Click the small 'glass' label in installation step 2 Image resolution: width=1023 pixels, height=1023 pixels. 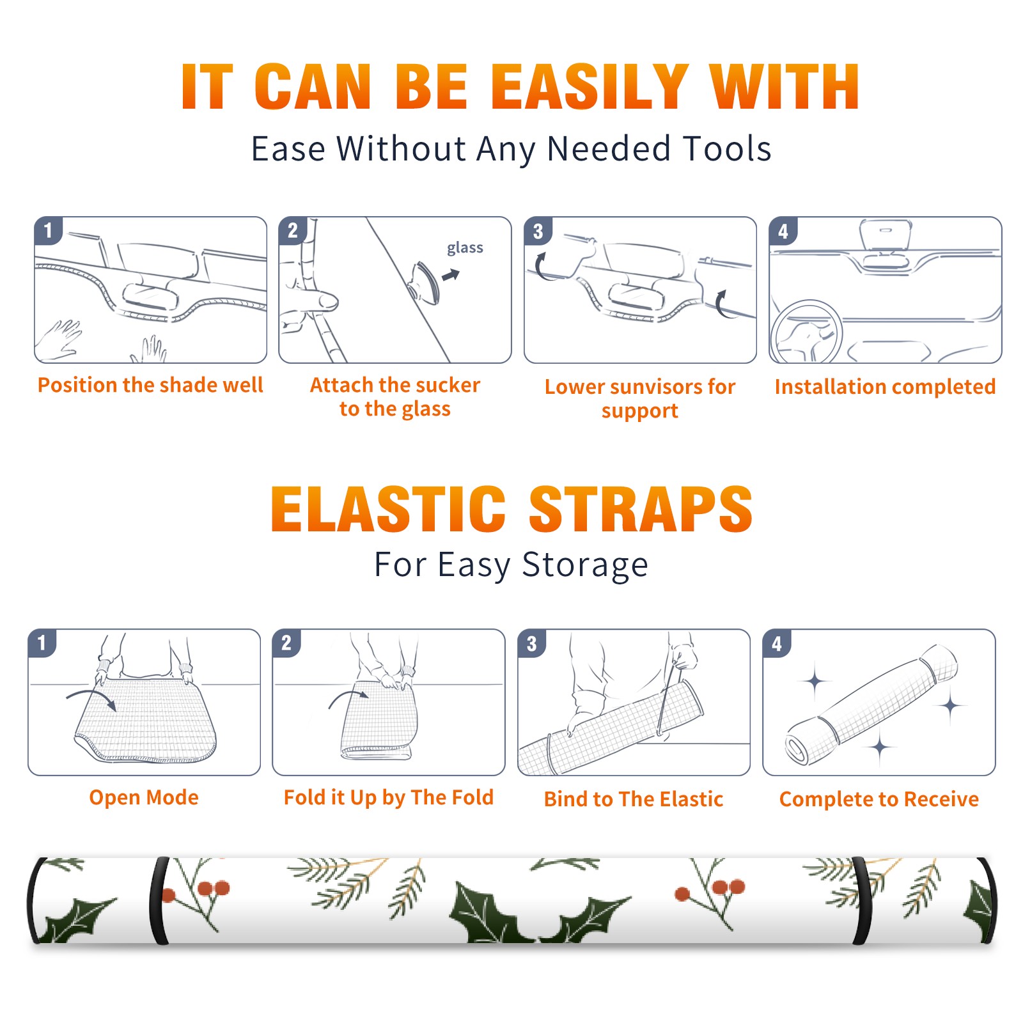click(x=465, y=248)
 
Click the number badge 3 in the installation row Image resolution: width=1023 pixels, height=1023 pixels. click(x=538, y=231)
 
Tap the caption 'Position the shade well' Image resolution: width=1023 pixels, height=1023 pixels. click(x=150, y=385)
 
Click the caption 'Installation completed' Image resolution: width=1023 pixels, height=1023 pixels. click(x=885, y=387)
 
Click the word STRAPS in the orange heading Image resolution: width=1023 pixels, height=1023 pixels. click(x=641, y=509)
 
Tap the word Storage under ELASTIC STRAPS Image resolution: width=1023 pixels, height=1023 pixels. click(x=585, y=565)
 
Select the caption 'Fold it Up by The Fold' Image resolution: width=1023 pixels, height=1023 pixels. click(x=389, y=798)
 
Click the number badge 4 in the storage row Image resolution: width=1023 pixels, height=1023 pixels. click(x=777, y=643)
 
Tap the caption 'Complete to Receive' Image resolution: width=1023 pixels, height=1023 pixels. click(x=879, y=799)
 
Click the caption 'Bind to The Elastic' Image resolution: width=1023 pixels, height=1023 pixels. click(x=634, y=799)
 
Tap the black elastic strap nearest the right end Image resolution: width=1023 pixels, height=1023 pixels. click(x=862, y=901)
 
